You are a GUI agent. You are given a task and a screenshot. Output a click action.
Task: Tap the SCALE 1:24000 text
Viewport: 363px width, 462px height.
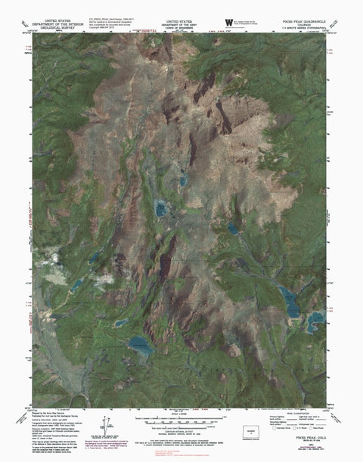pos(180,416)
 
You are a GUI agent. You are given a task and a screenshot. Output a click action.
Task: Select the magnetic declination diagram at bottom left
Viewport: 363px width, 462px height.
pos(106,428)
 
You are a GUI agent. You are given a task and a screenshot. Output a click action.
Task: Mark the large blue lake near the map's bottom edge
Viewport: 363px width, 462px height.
pos(141,346)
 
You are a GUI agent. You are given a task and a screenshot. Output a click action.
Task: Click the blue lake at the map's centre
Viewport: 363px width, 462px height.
pos(161,207)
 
